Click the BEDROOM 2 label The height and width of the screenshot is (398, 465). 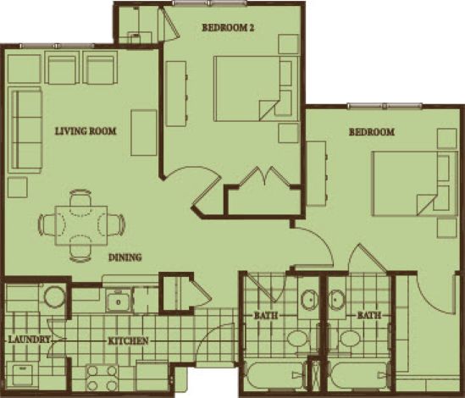228,28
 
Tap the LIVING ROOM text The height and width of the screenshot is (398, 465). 86,130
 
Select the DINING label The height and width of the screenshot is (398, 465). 125,257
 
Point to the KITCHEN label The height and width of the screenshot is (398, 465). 129,340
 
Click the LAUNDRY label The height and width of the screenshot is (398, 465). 29,339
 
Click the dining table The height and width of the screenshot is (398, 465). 81,225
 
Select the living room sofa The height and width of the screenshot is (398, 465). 25,130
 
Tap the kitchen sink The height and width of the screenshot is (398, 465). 119,302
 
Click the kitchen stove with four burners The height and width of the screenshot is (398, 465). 102,379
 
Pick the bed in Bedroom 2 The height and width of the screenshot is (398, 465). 256,88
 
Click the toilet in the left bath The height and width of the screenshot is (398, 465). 298,339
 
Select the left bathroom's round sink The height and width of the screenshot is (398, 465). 310,299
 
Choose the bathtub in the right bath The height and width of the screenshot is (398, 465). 358,375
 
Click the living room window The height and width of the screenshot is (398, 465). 58,46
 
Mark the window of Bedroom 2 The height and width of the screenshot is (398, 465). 210,3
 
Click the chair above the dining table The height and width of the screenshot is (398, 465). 80,198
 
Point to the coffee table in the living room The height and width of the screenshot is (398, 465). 144,133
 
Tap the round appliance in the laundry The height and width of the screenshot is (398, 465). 55,297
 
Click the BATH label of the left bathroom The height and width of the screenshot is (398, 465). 266,315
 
